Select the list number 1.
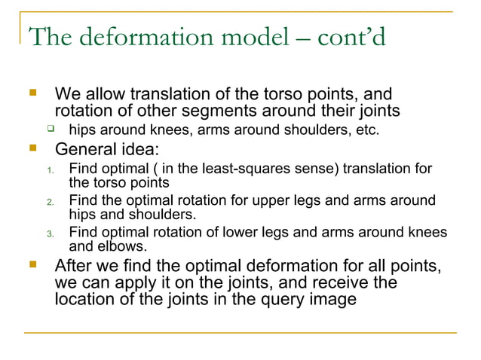pos(50,169)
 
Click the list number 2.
pos(50,202)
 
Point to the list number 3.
pos(50,233)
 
